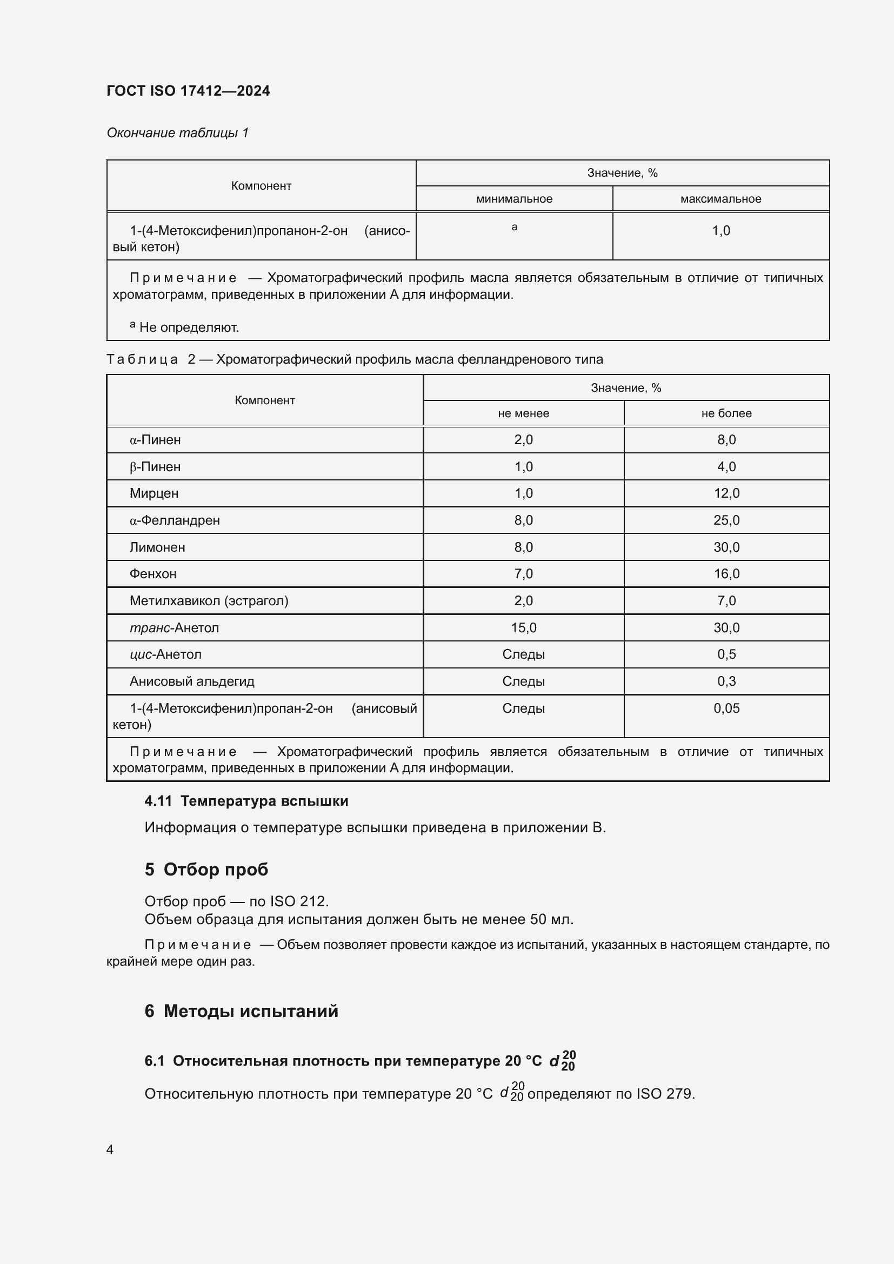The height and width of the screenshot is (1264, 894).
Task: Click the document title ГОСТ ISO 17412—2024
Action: coord(188,91)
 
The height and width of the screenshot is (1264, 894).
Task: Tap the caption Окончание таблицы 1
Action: coord(177,133)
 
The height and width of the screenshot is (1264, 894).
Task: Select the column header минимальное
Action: coord(513,199)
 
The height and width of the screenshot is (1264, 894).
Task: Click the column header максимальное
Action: coord(720,199)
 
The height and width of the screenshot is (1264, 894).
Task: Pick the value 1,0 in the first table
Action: coord(720,231)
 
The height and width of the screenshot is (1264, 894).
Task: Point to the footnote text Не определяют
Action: coord(189,327)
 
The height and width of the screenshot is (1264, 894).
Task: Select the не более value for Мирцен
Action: coord(726,493)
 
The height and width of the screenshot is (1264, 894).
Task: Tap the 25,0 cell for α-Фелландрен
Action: coord(726,520)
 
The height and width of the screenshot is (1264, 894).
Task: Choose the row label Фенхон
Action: coord(153,574)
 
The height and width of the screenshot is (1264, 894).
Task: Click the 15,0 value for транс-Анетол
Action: coord(523,627)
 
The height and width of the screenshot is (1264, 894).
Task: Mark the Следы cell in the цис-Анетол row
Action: coord(523,654)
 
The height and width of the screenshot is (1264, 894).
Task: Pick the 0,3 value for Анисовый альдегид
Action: coord(726,681)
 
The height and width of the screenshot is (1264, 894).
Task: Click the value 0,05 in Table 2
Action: coord(726,708)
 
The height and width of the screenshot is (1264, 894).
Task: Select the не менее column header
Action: coord(523,413)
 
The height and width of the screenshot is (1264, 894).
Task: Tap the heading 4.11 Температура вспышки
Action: coord(246,801)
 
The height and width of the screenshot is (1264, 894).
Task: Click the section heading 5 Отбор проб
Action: coord(206,870)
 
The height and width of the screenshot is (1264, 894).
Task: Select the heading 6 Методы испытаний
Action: coord(241,1011)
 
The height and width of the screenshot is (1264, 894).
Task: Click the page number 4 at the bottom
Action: coord(110,1149)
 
